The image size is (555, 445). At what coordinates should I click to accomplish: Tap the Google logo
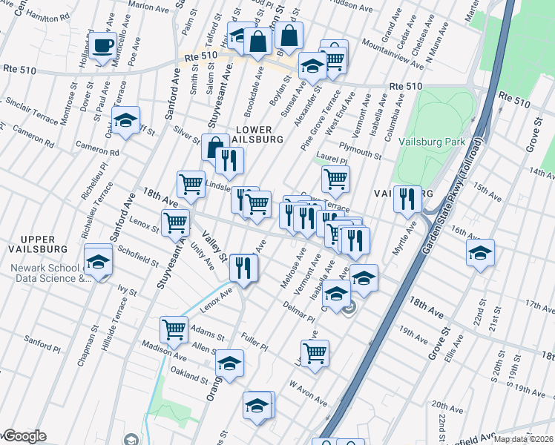[24, 437]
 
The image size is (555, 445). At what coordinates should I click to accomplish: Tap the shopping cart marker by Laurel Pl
[335, 179]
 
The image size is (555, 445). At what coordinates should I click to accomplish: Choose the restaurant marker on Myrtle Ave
[407, 199]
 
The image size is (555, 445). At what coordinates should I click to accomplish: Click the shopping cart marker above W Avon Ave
[315, 353]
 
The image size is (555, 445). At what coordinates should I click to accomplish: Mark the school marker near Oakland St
[230, 363]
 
